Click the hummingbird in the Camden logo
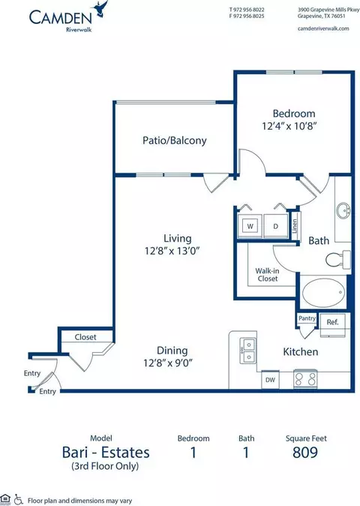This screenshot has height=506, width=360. tap(100, 9)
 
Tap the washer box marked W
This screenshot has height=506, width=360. tap(250, 226)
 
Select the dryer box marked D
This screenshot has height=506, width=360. tap(275, 226)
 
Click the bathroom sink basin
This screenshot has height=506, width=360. tap(343, 212)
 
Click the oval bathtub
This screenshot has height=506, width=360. tap(323, 293)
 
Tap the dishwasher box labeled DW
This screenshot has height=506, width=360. tap(270, 380)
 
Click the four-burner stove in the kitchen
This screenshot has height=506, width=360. tap(305, 379)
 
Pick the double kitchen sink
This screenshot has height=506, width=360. tap(247, 350)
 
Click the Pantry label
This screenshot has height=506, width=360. tap(307, 318)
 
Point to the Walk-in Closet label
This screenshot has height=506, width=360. tap(268, 275)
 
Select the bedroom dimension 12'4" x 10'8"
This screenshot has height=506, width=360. tap(289, 125)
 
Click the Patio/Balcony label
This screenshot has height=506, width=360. tap(174, 140)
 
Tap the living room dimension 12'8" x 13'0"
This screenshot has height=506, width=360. tap(172, 251)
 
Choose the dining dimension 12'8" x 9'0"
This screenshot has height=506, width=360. tap(168, 363)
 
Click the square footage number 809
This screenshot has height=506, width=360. tap(305, 452)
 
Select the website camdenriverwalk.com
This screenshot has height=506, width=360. tap(323, 29)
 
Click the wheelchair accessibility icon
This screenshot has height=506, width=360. tap(18, 499)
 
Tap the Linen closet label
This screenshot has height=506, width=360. tap(295, 225)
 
